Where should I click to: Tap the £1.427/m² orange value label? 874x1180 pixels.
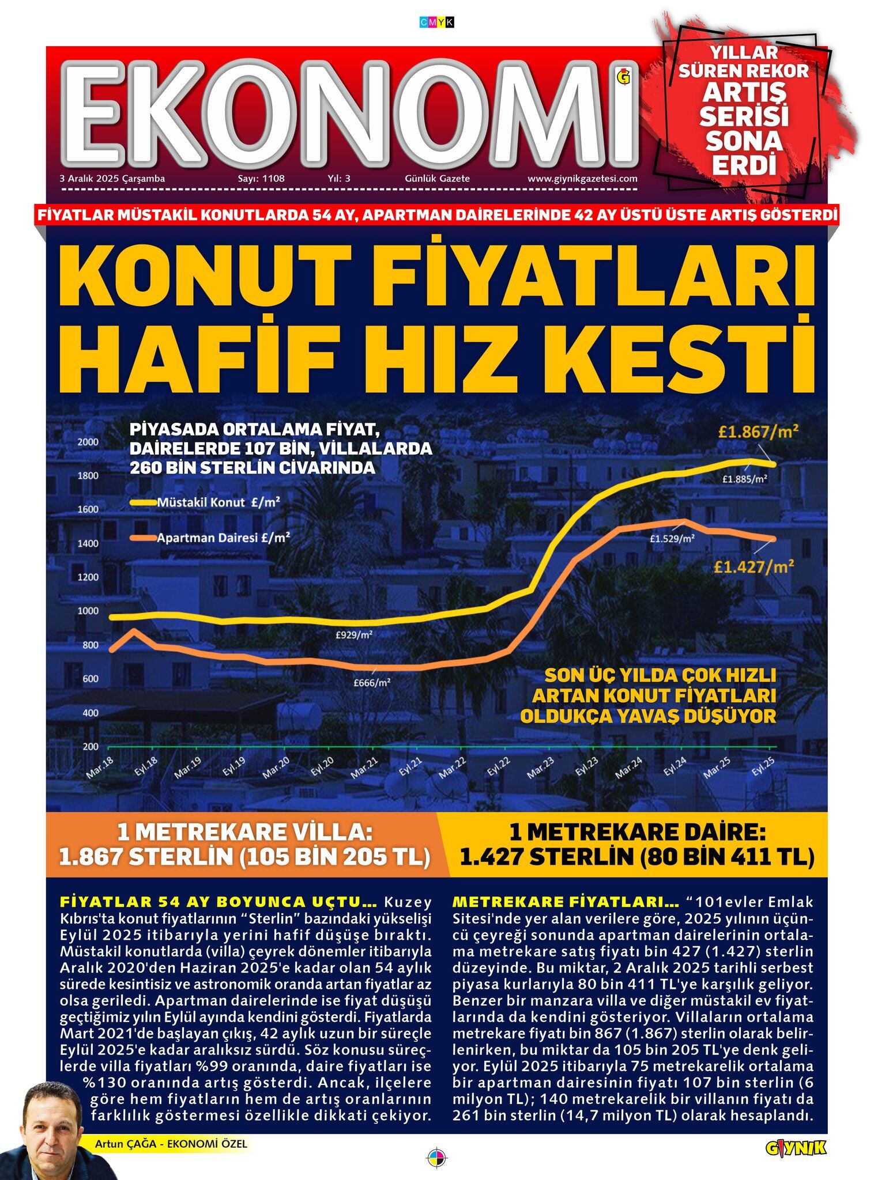click(754, 566)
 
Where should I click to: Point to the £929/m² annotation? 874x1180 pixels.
click(354, 635)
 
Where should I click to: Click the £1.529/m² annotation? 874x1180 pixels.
click(672, 539)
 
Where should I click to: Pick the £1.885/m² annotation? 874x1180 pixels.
click(744, 479)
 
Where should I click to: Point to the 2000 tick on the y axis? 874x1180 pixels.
click(88, 442)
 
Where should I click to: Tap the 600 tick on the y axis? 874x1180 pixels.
click(91, 679)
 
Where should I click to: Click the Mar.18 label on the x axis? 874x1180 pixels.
click(100, 767)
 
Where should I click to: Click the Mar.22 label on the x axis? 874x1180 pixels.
click(452, 767)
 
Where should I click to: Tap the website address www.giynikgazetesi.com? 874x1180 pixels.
click(582, 179)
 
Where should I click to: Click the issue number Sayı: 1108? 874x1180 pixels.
click(261, 179)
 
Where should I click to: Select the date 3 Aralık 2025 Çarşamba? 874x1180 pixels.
click(112, 179)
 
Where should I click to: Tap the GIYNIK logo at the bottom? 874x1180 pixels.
click(796, 1147)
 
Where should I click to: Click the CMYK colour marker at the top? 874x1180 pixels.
click(437, 22)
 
